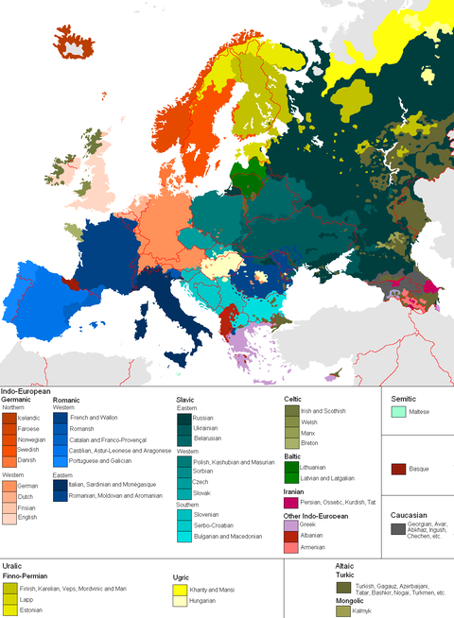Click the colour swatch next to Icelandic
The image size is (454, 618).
point(9,417)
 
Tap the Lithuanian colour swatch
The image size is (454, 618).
point(290,467)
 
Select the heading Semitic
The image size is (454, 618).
point(402,398)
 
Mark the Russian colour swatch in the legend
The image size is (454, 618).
point(183,417)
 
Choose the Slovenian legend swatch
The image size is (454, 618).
point(183,515)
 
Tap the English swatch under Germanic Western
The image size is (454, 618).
point(9,518)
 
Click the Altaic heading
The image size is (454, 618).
point(346,566)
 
